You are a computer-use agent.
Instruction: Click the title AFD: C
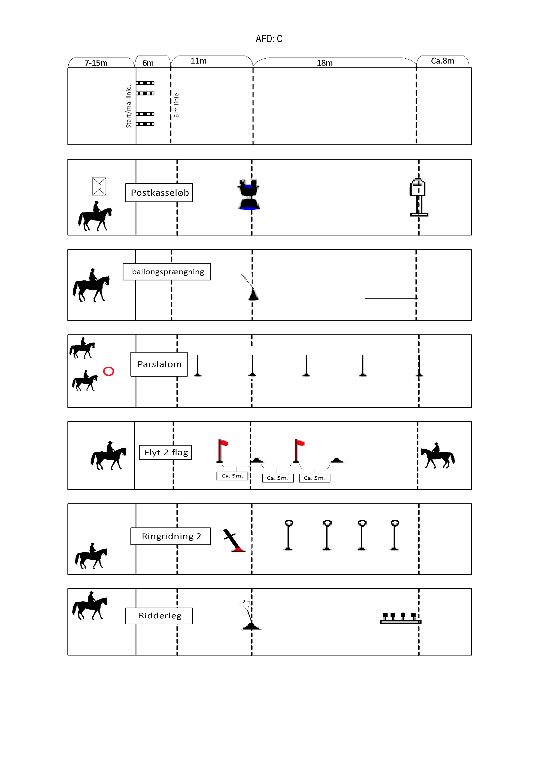[269, 39]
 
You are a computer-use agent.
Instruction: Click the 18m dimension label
[324, 63]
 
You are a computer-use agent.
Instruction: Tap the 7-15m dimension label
[96, 63]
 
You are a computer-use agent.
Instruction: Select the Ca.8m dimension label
[442, 61]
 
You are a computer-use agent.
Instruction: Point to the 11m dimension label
[198, 61]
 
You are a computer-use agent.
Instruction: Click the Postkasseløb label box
[159, 192]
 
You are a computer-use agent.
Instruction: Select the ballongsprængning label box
[167, 272]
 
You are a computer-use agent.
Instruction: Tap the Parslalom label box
[159, 364]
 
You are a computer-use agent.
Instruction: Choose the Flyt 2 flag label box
[166, 452]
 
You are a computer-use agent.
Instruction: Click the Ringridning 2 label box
[171, 536]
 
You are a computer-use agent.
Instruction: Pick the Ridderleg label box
[159, 616]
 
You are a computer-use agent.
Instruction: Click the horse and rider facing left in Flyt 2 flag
[437, 455]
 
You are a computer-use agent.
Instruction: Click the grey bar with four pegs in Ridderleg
[401, 619]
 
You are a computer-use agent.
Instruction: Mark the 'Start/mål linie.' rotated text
[128, 106]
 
